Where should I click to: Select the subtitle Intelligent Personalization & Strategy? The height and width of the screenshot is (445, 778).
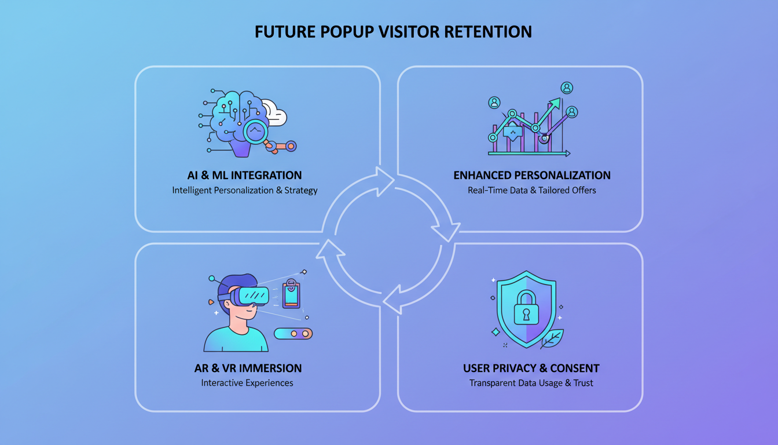pos(244,190)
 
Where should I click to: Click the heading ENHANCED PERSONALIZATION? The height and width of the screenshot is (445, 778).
pos(531,176)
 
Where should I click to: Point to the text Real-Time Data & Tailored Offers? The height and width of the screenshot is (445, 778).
pos(531,190)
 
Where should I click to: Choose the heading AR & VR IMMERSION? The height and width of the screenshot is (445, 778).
pos(248,368)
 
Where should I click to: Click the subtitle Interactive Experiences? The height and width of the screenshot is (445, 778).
pos(247,383)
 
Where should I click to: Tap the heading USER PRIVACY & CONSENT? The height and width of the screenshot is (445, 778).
pos(531,368)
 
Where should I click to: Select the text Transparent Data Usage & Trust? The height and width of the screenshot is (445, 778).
pos(531,383)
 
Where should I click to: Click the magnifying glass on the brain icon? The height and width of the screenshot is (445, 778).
pos(255,132)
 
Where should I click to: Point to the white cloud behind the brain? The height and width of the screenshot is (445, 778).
pos(274,112)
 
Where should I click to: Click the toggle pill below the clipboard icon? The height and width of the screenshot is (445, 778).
pos(293,334)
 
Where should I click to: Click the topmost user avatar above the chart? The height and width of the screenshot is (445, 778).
pos(567,87)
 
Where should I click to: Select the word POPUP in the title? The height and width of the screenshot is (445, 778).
pos(345,32)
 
